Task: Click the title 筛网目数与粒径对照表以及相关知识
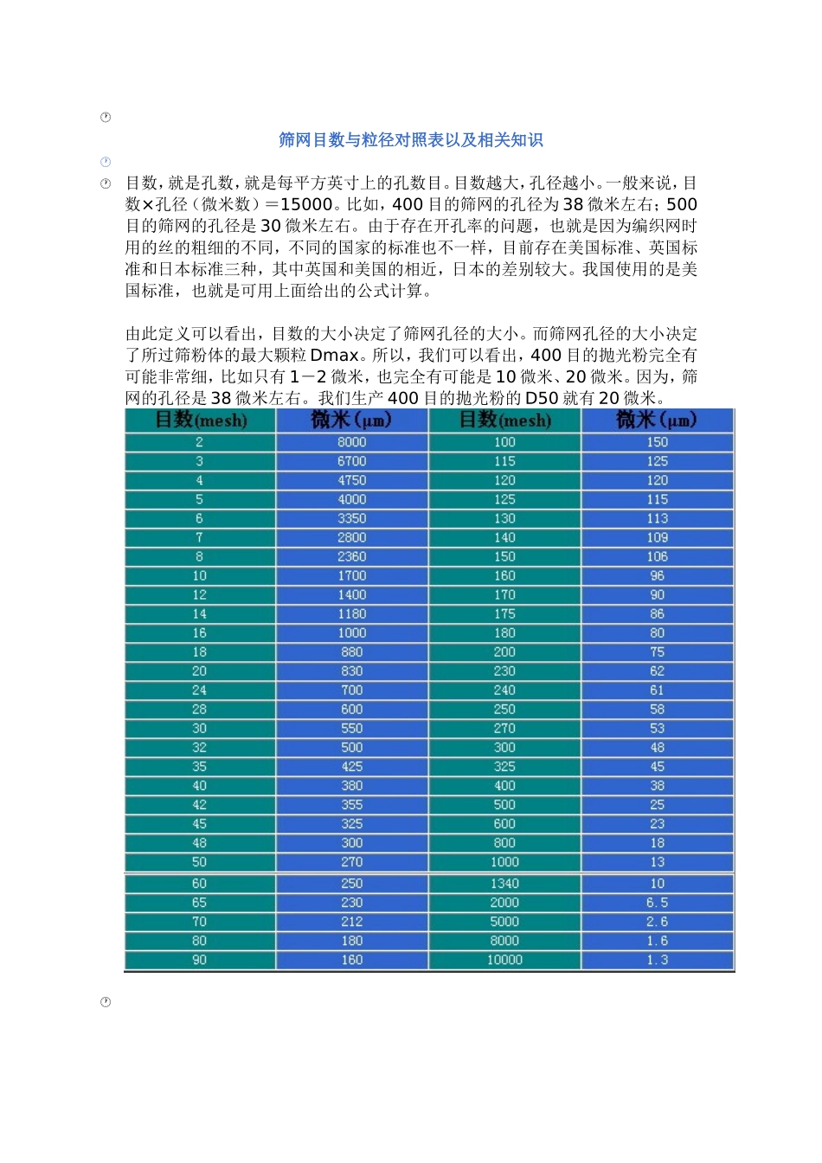click(411, 140)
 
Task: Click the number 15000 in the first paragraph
click(306, 205)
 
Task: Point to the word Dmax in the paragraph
click(334, 356)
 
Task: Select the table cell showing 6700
click(352, 461)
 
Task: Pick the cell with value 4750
click(352, 480)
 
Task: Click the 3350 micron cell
click(352, 518)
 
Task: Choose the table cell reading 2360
click(352, 556)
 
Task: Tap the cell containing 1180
click(352, 614)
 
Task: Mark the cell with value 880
click(352, 652)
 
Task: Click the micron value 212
click(352, 922)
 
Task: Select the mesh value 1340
click(504, 883)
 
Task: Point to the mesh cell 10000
click(504, 960)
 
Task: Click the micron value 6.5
click(658, 903)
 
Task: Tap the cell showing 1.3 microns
click(658, 960)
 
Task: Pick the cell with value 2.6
click(658, 922)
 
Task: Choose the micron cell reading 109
click(658, 537)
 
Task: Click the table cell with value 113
click(658, 518)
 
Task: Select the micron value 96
click(658, 575)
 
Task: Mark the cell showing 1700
click(352, 575)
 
